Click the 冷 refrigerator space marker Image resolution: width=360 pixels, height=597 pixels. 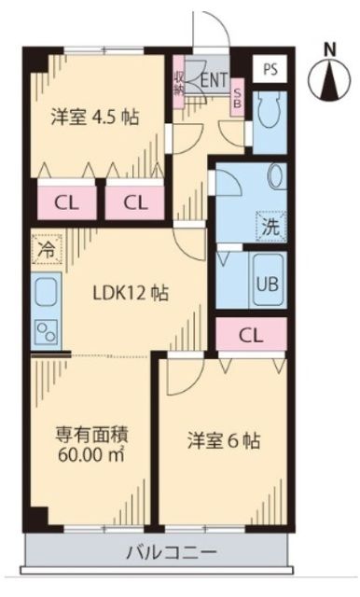pos(45,250)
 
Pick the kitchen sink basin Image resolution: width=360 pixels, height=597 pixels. pos(46,296)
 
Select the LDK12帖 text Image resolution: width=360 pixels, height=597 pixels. pos(131,293)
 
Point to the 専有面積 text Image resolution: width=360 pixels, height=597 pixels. pos(90,435)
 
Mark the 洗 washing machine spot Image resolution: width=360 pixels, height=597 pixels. pos(269,225)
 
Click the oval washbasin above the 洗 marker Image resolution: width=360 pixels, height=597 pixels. pos(275,177)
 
